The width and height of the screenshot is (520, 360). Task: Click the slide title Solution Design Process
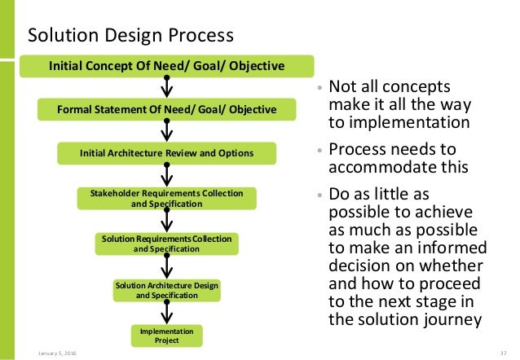tap(130, 36)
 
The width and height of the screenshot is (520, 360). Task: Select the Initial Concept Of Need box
tap(166, 65)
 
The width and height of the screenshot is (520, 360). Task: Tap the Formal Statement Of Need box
tap(166, 109)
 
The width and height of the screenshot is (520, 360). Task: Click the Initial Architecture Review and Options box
tap(166, 152)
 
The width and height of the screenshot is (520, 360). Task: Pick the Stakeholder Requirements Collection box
tap(166, 198)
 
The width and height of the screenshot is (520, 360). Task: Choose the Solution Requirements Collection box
tap(166, 244)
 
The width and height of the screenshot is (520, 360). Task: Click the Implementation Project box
tap(166, 335)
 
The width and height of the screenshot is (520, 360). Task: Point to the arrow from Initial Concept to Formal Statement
tap(166, 87)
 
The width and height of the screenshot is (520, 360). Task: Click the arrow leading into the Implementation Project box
tap(166, 313)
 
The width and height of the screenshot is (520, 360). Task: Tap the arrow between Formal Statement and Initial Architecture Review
tap(166, 131)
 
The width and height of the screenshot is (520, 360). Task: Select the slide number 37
tap(502, 352)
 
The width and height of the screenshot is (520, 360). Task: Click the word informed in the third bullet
tap(445, 248)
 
